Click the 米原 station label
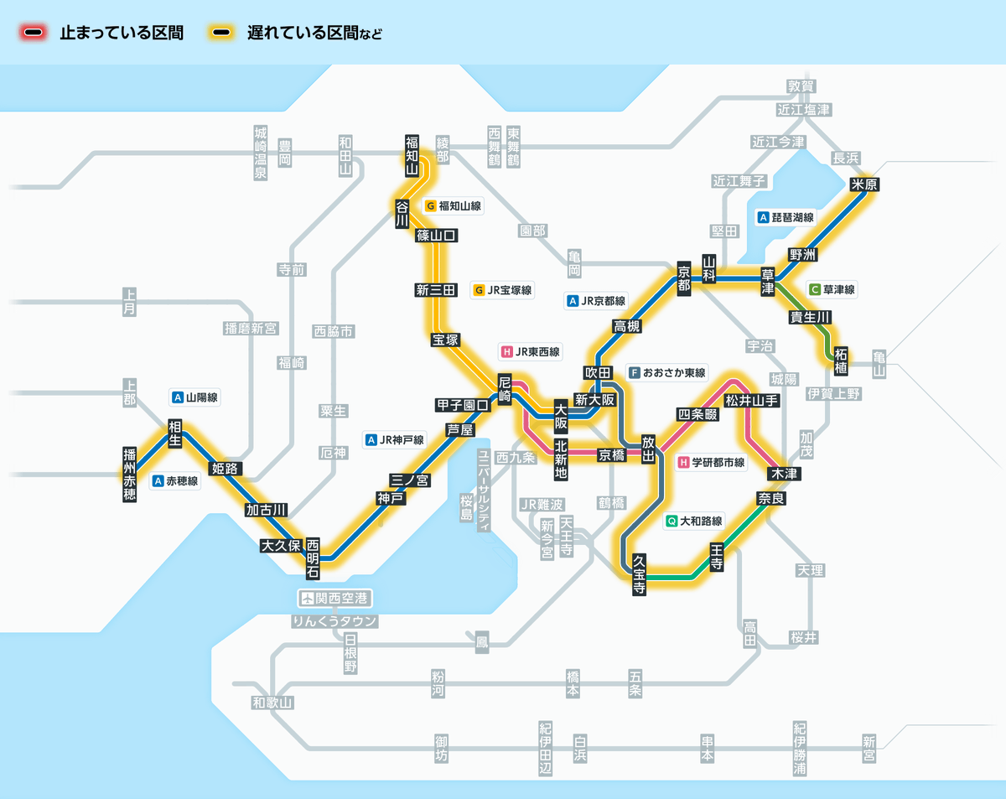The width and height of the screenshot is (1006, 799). pos(863,185)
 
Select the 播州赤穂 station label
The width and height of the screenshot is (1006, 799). pos(129,474)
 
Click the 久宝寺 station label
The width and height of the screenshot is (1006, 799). pos(639,574)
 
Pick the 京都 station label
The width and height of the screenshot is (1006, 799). pos(684,278)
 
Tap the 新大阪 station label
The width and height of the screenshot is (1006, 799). pos(595,400)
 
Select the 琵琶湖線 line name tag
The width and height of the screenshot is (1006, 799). pos(786,217)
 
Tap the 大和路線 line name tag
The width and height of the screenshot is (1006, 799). pos(693,521)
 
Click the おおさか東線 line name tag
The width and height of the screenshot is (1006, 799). pos(668,372)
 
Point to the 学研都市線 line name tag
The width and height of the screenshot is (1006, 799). pos(712,462)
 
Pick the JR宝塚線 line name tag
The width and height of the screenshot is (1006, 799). pos(503,290)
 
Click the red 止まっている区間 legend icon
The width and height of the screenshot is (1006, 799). pos(34,34)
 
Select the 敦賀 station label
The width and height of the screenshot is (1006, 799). pos(801,86)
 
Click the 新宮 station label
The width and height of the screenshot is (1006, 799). pos(869,748)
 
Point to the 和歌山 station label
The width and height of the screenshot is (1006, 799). pos(272,703)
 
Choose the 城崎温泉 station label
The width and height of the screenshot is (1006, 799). pos(261,153)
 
